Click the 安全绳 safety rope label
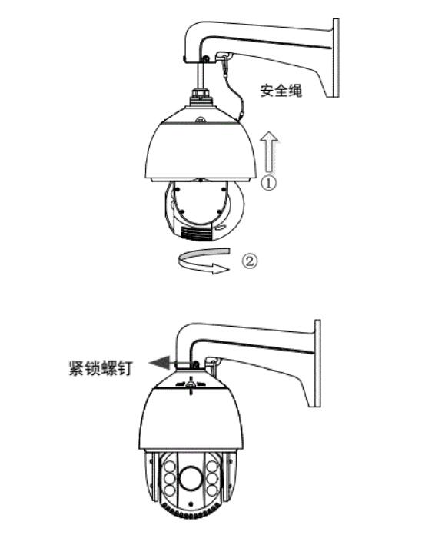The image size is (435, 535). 281,91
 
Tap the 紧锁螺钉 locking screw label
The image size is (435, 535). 100,368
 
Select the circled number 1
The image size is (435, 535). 269,183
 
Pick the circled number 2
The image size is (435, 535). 250,261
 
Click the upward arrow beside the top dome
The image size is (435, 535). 269,152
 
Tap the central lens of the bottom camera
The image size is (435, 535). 191,477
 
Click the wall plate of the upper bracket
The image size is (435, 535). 336,58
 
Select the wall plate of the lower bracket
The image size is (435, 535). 317,363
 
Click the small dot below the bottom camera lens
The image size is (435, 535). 191,503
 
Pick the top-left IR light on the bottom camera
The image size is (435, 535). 170,467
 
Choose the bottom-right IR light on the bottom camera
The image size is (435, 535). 212,490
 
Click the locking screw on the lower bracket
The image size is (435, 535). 195,365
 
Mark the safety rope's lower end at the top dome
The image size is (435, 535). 241,115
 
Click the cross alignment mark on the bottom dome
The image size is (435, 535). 191,385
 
